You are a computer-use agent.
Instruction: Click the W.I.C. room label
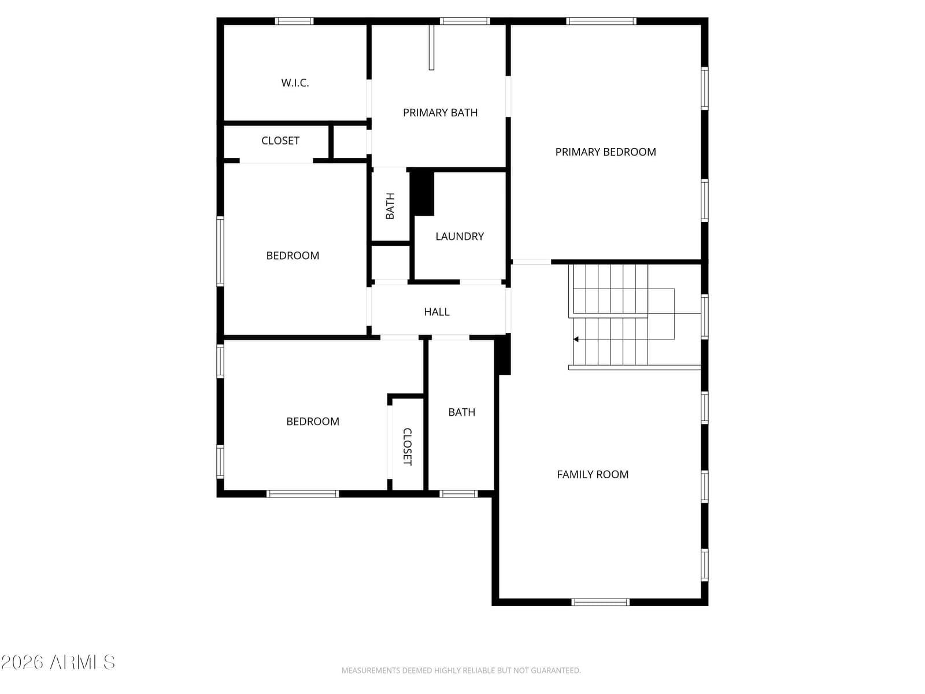[295, 83]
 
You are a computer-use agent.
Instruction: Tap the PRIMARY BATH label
[440, 113]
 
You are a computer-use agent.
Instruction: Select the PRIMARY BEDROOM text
[605, 152]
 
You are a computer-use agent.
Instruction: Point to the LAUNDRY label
[460, 237]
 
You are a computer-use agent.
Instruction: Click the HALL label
[436, 312]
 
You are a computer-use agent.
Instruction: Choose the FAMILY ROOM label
[593, 474]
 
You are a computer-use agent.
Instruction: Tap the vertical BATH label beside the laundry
[390, 206]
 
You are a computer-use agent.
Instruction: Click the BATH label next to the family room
[461, 412]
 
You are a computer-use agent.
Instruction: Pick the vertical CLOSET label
[407, 446]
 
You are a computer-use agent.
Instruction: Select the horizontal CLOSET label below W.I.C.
[280, 141]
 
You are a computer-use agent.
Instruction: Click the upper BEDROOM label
[293, 256]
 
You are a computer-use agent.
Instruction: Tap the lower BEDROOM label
[313, 422]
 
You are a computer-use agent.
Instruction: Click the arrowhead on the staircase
[576, 339]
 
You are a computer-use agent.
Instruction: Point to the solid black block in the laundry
[422, 193]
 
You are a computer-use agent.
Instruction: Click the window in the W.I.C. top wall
[294, 21]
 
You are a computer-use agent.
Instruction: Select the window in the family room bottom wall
[601, 602]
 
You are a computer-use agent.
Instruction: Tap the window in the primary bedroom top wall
[601, 21]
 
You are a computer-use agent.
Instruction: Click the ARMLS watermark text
[58, 662]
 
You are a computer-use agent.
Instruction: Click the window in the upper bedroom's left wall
[220, 251]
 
